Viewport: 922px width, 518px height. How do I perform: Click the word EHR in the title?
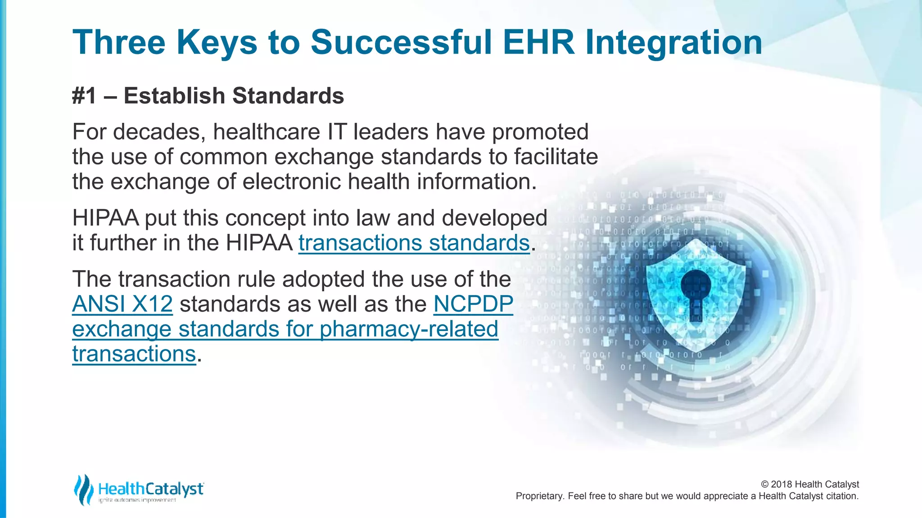[x=538, y=42]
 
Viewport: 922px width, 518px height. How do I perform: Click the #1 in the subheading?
[x=84, y=96]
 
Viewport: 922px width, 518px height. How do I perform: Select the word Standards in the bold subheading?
[x=288, y=96]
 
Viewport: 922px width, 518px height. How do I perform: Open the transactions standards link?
[x=414, y=243]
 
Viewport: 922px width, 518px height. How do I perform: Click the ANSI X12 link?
[x=122, y=304]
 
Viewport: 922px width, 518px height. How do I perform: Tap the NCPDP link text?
[x=473, y=304]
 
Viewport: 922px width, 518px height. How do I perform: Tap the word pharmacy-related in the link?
[x=408, y=329]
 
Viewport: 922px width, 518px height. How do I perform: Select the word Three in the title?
[x=119, y=42]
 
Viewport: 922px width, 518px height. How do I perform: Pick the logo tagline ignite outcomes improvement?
[x=137, y=500]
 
